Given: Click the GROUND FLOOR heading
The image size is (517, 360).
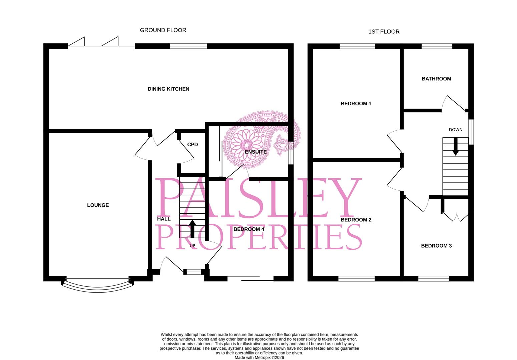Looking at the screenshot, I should (163, 30).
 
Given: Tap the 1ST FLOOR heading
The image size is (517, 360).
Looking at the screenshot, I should (384, 32).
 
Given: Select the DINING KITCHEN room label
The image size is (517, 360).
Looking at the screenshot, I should (168, 89).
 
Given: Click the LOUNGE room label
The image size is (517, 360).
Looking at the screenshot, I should (98, 205).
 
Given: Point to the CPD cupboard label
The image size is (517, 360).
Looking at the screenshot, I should (192, 145).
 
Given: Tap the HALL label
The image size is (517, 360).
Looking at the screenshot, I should (164, 219).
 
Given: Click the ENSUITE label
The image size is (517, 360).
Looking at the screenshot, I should (255, 152).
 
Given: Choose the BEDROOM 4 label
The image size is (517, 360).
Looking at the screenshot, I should (248, 229).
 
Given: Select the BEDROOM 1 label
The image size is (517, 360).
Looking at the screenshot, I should (356, 104).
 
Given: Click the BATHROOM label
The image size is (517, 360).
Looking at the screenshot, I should (436, 79).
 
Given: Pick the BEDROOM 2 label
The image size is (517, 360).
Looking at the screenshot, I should (356, 220).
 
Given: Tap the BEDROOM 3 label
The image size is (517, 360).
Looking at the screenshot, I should (436, 246).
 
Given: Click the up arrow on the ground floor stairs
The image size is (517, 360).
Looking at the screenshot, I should (192, 228).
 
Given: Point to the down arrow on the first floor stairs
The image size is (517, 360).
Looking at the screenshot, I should (455, 147).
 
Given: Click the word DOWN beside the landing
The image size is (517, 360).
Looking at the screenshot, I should (455, 130).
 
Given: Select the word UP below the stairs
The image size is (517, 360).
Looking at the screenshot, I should (192, 246).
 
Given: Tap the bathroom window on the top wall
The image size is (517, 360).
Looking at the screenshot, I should (437, 46).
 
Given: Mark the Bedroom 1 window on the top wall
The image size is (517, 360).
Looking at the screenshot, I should (357, 46).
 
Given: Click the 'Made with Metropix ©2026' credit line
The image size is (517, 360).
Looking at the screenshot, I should (259, 357).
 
